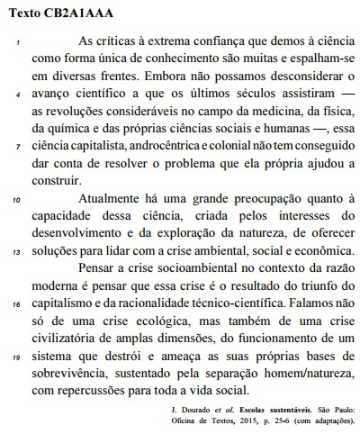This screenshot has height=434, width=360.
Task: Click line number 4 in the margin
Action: click(x=18, y=94)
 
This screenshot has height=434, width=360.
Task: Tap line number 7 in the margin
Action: click(x=18, y=146)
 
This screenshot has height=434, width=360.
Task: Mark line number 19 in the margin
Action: click(x=17, y=357)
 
